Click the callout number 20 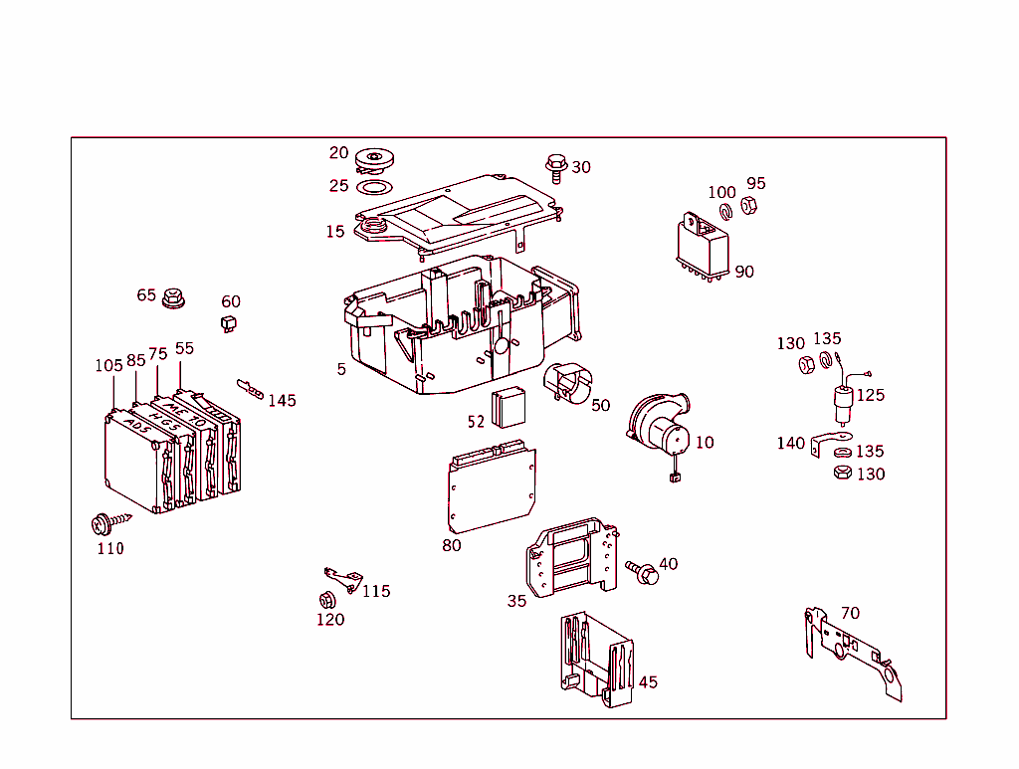339,152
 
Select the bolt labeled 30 555,167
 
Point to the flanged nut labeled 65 175,296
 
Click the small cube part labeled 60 228,321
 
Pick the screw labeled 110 103,522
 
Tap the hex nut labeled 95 750,207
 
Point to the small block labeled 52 512,406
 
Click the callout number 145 282,401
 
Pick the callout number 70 850,614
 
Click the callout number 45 648,682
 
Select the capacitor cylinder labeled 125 844,403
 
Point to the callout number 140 791,444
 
